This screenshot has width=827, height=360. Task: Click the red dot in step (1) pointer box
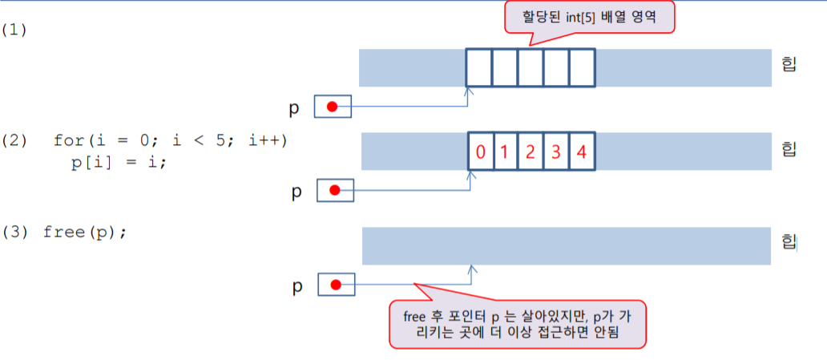tap(331, 107)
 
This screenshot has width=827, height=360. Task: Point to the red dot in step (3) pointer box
tap(336, 285)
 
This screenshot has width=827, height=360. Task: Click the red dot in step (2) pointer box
tap(336, 190)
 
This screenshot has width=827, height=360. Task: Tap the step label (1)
tap(14, 30)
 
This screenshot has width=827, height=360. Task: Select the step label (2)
tap(14, 140)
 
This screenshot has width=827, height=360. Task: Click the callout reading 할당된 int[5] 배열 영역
tap(589, 17)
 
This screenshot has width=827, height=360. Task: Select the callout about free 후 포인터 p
tap(517, 324)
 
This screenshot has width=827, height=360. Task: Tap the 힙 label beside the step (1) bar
tap(789, 64)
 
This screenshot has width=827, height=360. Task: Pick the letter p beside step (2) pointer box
tap(296, 192)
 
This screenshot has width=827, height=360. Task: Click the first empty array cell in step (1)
tap(478, 67)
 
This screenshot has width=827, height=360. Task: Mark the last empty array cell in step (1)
tap(582, 67)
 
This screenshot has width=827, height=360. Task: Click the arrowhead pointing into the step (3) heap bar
tap(473, 271)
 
